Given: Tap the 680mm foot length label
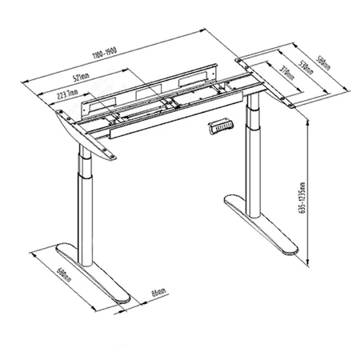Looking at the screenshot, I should (x=54, y=278).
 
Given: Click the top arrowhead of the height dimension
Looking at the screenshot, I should (x=308, y=114).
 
